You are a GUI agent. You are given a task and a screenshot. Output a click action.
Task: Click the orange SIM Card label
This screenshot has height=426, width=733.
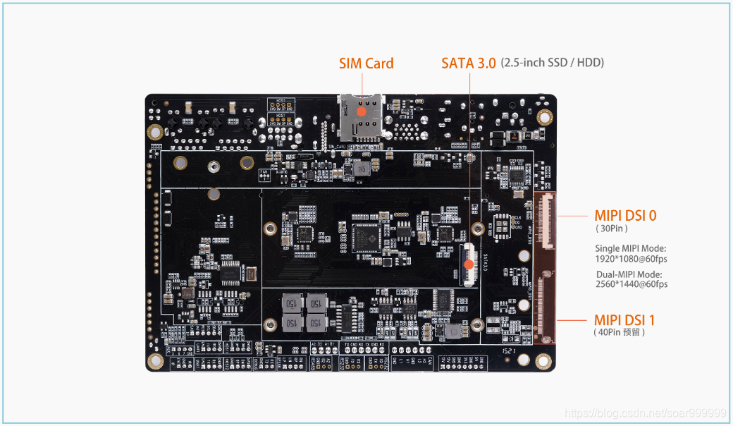point(366,63)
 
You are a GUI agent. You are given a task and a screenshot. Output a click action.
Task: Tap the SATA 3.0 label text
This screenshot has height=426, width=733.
point(468,63)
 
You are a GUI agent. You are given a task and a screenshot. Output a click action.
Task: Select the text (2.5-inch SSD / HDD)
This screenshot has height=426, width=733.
point(552,63)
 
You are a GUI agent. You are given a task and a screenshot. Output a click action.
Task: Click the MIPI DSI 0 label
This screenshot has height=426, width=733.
point(625,216)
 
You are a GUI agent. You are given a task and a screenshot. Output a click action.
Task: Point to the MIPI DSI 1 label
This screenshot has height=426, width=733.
point(624,320)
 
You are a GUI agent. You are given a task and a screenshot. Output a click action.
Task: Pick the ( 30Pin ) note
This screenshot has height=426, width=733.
point(611,229)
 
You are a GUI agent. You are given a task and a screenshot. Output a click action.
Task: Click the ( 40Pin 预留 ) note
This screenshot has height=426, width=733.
point(620,332)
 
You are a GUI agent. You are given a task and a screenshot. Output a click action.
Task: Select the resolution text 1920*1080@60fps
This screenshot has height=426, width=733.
point(631,258)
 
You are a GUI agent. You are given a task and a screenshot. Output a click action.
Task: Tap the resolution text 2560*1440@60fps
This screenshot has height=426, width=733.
point(631,284)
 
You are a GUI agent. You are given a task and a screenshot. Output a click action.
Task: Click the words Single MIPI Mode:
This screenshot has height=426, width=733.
point(630,248)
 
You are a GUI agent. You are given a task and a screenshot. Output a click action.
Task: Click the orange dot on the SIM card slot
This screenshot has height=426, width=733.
point(362,111)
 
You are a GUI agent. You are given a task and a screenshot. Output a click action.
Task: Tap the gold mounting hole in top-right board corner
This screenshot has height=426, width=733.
point(543,117)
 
